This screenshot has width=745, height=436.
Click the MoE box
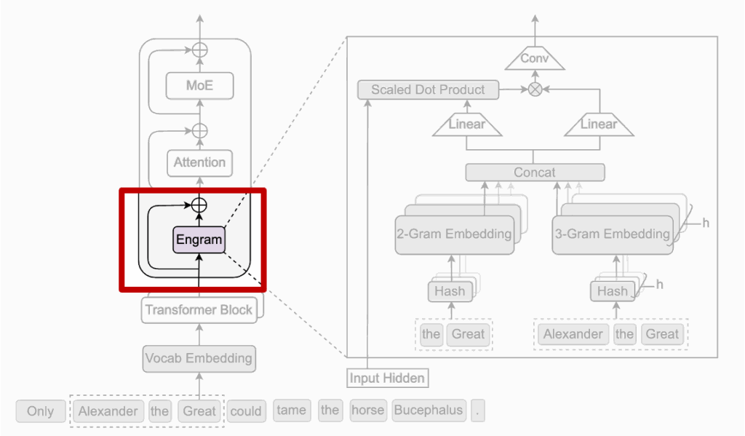[x=199, y=86]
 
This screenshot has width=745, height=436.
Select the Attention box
[x=199, y=163]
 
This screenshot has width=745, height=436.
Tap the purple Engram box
[x=199, y=239]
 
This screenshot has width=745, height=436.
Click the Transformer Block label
[x=199, y=310]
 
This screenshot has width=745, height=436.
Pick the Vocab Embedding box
[x=199, y=358]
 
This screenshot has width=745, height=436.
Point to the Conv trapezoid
[x=535, y=58]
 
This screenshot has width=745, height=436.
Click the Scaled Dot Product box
[x=428, y=90]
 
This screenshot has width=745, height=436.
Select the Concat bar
[x=535, y=173]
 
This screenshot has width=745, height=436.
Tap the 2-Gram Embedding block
[x=454, y=234]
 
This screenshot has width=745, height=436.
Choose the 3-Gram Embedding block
[x=611, y=234]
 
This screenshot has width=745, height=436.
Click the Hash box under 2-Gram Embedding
[x=449, y=291]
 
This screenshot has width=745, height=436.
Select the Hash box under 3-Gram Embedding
[x=612, y=291]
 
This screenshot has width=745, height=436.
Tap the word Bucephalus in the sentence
[x=429, y=411]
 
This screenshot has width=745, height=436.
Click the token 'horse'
[x=367, y=411]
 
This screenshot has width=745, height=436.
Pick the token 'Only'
[x=40, y=411]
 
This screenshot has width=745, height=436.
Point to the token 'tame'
[x=292, y=411]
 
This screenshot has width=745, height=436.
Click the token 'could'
[x=246, y=411]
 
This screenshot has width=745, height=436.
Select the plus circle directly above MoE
[x=199, y=49]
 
